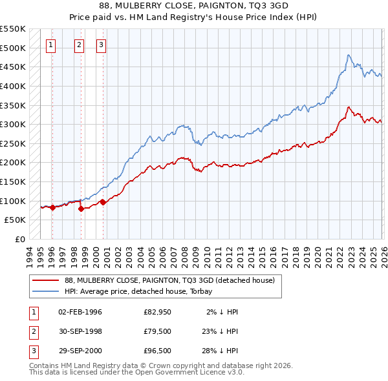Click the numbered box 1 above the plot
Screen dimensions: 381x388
pos(51,45)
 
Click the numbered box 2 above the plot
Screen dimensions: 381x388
pos(79,45)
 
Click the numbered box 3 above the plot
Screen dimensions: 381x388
pos(102,45)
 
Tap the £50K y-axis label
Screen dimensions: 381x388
pos(16,220)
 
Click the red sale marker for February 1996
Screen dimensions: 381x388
pos(52,207)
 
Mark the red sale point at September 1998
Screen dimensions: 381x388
pos(81,209)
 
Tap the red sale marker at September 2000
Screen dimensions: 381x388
pos(103,202)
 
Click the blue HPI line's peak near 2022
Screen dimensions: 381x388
pos(348,55)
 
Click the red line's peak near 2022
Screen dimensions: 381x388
pos(349,107)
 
